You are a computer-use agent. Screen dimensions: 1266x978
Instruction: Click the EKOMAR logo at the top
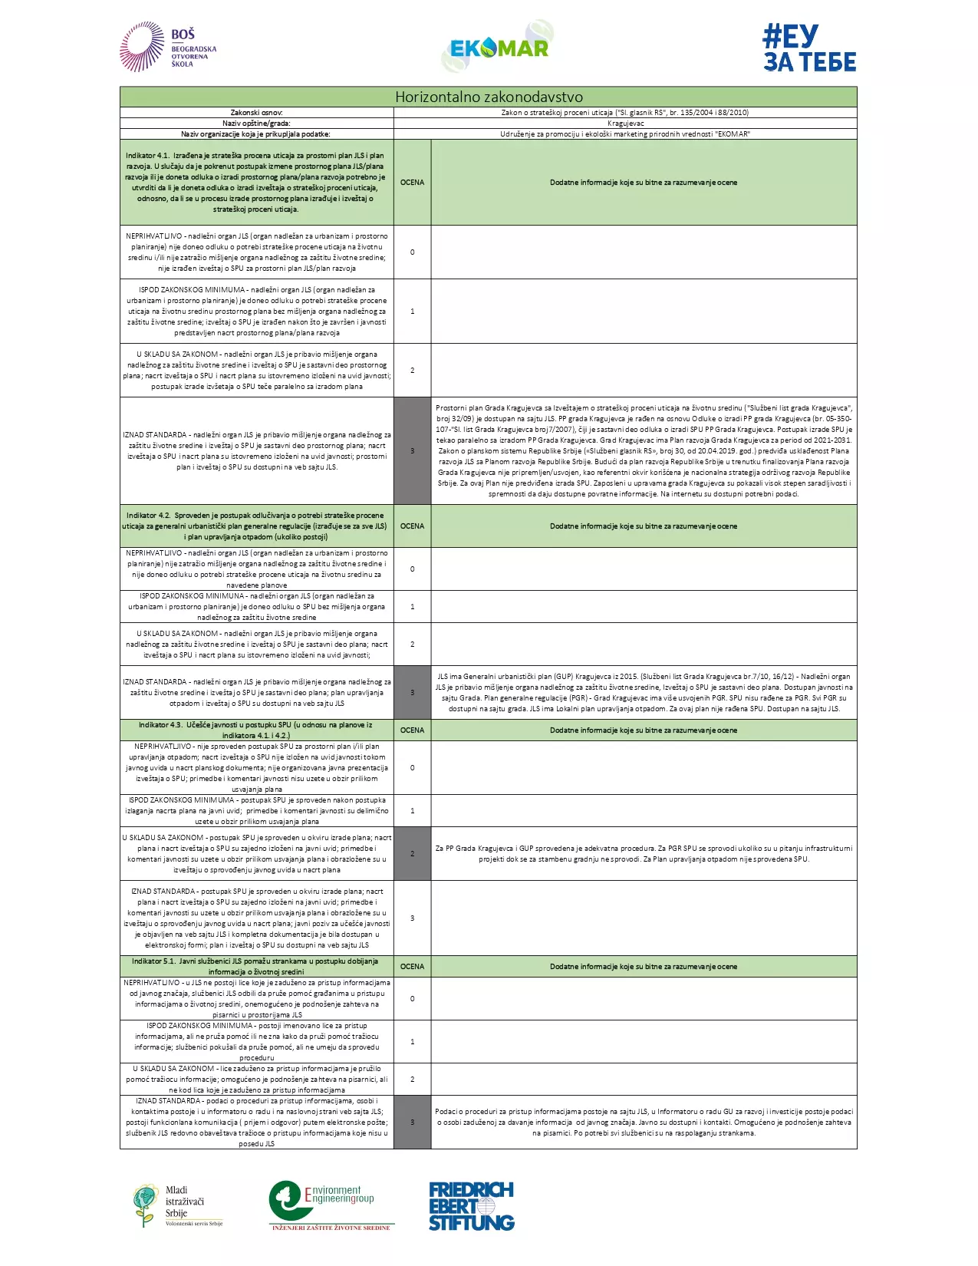coord(499,47)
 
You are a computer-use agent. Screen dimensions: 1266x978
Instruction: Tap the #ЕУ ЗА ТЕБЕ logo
coord(809,48)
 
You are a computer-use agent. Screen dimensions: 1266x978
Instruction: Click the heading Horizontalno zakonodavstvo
coord(489,97)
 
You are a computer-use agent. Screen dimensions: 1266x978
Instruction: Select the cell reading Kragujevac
coord(625,123)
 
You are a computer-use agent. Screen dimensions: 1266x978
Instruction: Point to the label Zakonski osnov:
coord(257,112)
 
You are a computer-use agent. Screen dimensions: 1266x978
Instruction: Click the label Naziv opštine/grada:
coord(257,123)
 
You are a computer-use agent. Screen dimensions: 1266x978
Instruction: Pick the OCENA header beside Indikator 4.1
coord(412,183)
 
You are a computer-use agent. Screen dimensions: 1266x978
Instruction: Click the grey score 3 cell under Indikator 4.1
coord(412,450)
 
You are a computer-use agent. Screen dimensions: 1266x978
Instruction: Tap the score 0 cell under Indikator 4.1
coord(412,252)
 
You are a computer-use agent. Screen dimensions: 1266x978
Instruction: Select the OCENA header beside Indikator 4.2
coord(412,526)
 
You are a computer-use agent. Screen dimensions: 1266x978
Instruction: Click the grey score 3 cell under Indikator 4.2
coord(412,692)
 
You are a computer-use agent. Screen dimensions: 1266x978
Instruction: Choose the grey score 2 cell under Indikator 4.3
coord(412,853)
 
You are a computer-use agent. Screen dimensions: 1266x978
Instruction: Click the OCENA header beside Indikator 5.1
coord(412,966)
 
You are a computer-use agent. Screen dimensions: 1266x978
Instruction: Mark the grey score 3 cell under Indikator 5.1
coord(412,1122)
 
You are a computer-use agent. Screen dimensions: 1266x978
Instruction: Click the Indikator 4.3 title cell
coord(256,730)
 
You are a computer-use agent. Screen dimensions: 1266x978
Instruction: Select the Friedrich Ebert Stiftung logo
coord(471,1206)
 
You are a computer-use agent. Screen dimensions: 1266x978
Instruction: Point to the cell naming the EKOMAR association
coord(625,134)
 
